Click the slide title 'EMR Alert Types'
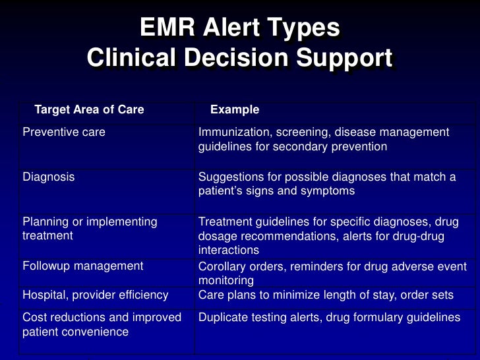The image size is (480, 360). point(239,28)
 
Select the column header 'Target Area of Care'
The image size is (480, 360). point(88,109)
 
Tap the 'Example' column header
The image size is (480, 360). point(234,109)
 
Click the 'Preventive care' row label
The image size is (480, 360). point(64,132)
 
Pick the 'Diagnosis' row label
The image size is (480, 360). point(48,177)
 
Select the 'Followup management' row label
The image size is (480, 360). point(82,266)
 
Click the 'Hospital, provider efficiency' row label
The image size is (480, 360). point(95,295)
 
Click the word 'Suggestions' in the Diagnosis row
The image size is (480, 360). point(228,177)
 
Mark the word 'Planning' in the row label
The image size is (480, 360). point(44,222)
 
